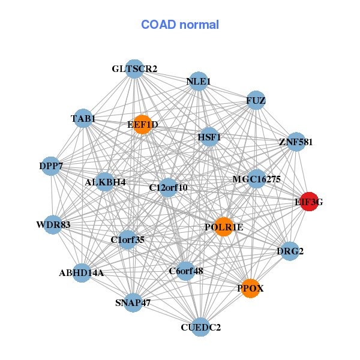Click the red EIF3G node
309,202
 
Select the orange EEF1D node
143,124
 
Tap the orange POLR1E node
224,227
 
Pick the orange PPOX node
250,289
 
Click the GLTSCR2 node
134,69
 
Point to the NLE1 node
199,81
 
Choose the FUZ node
256,100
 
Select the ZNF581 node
296,142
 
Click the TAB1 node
83,118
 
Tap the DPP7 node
51,166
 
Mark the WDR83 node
53,225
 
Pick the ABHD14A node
82,273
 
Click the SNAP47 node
133,302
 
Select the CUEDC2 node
200,327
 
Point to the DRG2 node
290,251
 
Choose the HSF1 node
209,137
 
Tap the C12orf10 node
168,187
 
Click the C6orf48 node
186,271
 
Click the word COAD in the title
158,25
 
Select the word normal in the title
199,25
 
